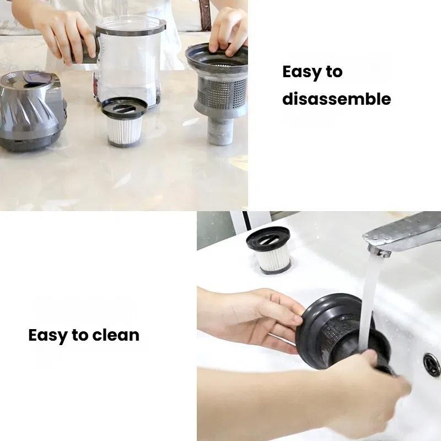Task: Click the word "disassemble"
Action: point(337,99)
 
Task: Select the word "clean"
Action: point(116,335)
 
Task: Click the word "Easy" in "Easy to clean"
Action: point(48,336)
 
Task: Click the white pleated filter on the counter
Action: point(125,130)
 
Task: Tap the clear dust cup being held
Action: point(130,62)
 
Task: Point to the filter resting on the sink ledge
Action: point(269,250)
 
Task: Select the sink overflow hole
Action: point(432,364)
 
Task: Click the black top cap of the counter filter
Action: point(125,107)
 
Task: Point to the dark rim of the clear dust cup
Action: point(131,28)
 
